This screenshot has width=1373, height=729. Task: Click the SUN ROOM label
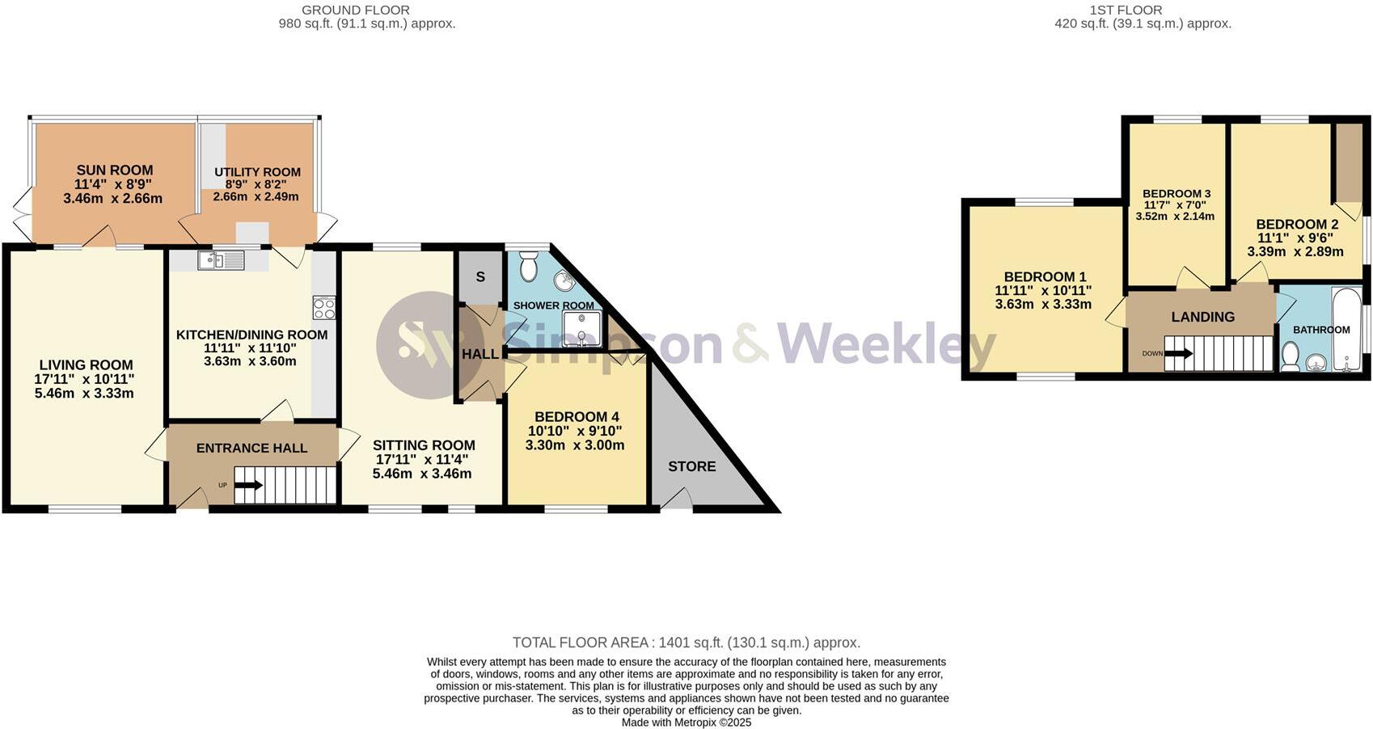click(115, 171)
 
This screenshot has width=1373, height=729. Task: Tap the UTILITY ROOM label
click(257, 172)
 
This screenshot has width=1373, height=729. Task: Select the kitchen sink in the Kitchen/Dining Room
click(221, 260)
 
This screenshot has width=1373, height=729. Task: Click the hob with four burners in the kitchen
click(324, 308)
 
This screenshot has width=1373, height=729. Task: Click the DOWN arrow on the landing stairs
click(1178, 353)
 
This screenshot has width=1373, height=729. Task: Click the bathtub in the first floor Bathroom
click(1346, 330)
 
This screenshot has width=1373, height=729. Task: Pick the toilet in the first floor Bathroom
click(1291, 356)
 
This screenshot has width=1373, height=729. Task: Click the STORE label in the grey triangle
click(691, 466)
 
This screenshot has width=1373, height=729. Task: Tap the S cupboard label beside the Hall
click(480, 277)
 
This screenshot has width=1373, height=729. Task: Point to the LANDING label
click(1202, 317)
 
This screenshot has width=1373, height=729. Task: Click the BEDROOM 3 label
click(1176, 194)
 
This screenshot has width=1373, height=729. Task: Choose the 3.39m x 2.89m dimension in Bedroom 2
click(1295, 252)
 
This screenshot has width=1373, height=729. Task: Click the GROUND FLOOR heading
click(355, 11)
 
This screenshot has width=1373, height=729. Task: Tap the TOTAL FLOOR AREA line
click(686, 643)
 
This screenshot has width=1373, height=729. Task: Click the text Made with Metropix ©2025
click(686, 723)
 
